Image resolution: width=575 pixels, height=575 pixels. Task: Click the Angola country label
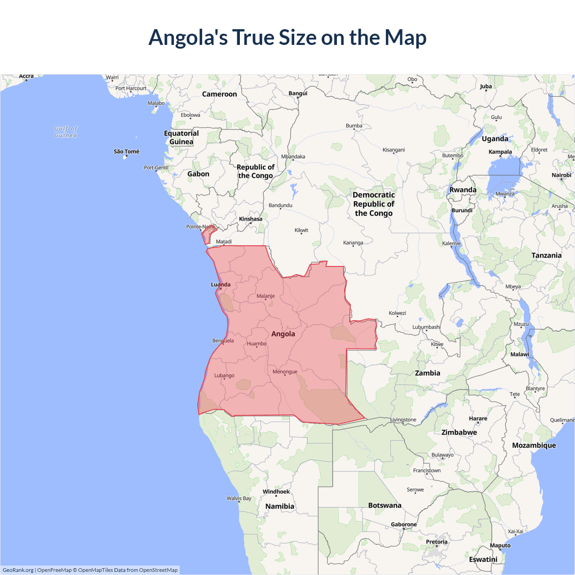[283, 334]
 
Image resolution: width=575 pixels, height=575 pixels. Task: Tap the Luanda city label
[221, 284]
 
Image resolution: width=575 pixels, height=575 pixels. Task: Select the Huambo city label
[257, 344]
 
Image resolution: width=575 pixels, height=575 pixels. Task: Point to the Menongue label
[285, 372]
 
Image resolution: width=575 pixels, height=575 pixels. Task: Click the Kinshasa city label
[250, 219]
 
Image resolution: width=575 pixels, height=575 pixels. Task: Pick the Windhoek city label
[276, 491]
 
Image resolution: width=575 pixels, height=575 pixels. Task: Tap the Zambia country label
[427, 373]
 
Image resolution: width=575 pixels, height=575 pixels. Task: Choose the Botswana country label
[385, 505]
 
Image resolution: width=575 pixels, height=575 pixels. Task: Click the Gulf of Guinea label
[66, 132]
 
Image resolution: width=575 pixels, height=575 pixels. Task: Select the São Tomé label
[126, 151]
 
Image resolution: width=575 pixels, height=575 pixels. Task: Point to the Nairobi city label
[561, 175]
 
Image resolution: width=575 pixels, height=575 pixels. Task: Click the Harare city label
[478, 418]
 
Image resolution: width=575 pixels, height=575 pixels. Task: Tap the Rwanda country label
[463, 190]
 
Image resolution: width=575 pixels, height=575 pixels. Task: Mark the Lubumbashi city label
[426, 327]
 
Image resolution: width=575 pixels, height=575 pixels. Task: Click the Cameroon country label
[219, 94]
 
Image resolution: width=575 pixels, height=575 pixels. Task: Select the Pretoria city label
[437, 542]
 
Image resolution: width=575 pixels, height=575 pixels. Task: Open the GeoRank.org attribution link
[18, 570]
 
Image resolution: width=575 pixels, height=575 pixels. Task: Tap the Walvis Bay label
[239, 498]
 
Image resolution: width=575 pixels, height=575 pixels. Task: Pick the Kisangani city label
[394, 150]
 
